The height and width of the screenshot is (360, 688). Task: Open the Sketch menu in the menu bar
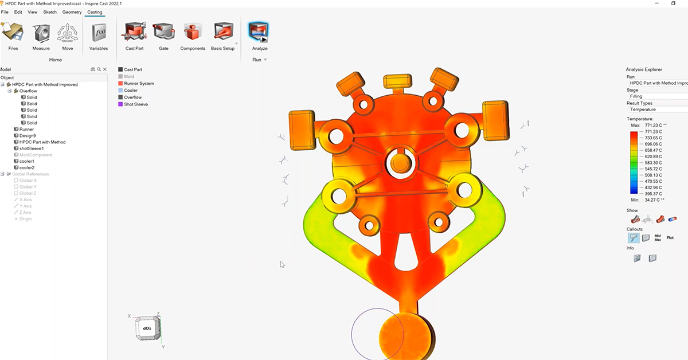[x=50, y=12]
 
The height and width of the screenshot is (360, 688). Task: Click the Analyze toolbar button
[x=259, y=34]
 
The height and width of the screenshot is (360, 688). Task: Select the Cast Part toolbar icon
[x=134, y=34]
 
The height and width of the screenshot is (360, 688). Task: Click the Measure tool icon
[x=41, y=34]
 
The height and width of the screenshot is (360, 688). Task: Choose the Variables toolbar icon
[x=98, y=34]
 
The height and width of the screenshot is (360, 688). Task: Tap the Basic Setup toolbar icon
[x=222, y=34]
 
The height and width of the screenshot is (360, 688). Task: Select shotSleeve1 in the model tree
[x=32, y=148]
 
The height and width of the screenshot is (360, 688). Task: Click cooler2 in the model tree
[x=27, y=167]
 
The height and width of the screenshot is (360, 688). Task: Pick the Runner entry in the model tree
[x=26, y=130]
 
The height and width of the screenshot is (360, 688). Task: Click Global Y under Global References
[x=28, y=187]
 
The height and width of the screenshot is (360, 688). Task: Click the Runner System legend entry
[x=139, y=84]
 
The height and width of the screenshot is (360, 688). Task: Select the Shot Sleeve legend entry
[x=136, y=104]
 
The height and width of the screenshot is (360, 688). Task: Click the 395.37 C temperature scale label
[x=655, y=194]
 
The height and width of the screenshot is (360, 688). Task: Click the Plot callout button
[x=670, y=237]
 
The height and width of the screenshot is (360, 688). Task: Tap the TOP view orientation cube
[x=147, y=329]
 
